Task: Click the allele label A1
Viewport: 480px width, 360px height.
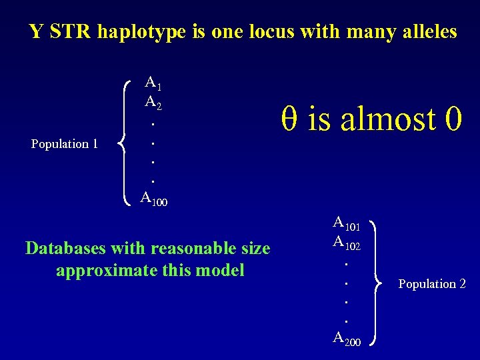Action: (x=153, y=84)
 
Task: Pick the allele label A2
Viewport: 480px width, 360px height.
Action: (x=153, y=103)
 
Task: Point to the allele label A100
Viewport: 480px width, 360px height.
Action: (x=154, y=197)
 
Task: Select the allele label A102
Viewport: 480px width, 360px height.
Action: (x=347, y=243)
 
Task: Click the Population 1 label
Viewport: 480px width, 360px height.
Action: (x=65, y=143)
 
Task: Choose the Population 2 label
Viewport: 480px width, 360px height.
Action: (x=432, y=284)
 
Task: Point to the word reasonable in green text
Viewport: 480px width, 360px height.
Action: (x=195, y=249)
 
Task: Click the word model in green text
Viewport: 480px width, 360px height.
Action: (x=223, y=270)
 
